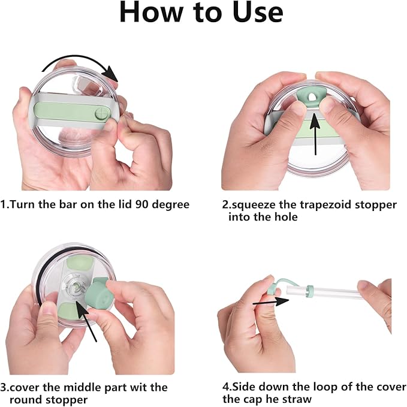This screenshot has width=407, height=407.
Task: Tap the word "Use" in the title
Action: pyautogui.click(x=258, y=12)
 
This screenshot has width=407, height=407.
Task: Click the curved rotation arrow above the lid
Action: pyautogui.click(x=78, y=60)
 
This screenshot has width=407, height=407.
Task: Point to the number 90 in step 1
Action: pyautogui.click(x=142, y=204)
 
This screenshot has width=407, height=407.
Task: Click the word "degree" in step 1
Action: pyautogui.click(x=171, y=205)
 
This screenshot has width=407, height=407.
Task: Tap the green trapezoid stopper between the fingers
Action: pyautogui.click(x=311, y=95)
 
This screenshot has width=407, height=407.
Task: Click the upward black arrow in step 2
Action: pyautogui.click(x=315, y=134)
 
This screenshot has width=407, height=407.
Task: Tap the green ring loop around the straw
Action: pyautogui.click(x=310, y=291)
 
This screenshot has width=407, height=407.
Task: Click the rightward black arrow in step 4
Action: pyautogui.click(x=271, y=302)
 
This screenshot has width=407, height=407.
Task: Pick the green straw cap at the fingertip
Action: pyautogui.click(x=273, y=288)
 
